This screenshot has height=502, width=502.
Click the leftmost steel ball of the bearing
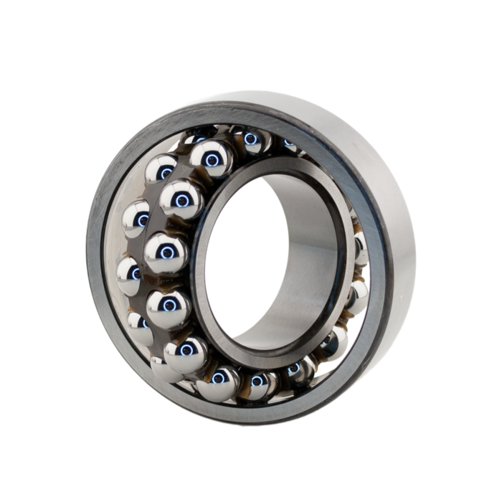129,273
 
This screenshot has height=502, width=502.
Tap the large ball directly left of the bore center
166,252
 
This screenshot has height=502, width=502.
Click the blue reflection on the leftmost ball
134,273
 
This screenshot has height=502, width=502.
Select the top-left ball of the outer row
161,169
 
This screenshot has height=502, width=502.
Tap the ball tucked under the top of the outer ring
250,139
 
